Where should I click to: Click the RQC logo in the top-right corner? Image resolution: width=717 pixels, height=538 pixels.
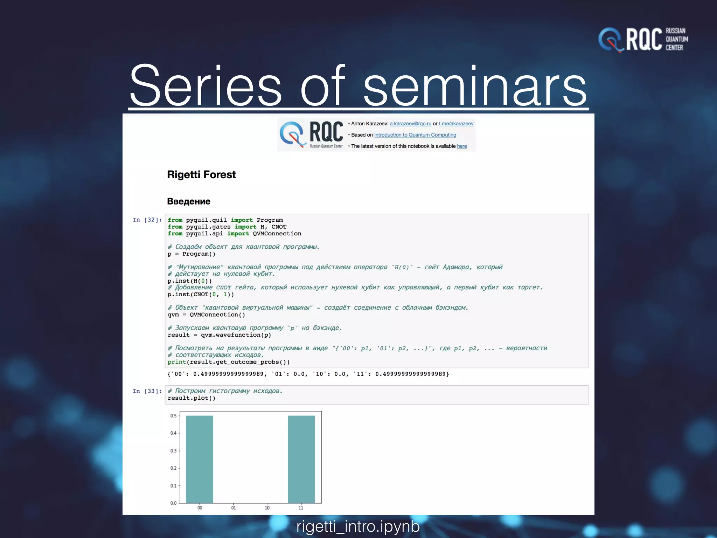[x=643, y=40]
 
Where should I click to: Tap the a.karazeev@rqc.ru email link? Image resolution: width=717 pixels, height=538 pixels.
[x=410, y=124]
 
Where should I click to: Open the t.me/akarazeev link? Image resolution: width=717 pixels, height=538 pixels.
[x=456, y=124]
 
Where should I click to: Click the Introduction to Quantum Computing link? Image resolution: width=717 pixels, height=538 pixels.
[x=415, y=135]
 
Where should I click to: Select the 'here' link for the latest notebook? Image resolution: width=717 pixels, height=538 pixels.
[x=462, y=146]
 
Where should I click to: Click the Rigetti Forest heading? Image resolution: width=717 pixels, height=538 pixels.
[x=201, y=174]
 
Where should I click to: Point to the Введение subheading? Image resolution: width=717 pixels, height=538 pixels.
[x=188, y=201]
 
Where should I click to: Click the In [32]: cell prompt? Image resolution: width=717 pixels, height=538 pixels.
[x=147, y=220]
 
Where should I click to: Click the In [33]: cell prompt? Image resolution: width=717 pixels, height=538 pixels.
[x=147, y=391]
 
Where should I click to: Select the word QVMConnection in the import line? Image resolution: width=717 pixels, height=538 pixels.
[x=277, y=234]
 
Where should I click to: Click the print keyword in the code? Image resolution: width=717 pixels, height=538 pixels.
[x=176, y=362]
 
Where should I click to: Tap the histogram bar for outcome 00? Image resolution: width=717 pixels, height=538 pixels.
[x=199, y=459]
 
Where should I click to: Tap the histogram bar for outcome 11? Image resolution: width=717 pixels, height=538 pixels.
[x=301, y=459]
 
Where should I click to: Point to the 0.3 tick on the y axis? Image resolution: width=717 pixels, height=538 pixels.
[x=174, y=451]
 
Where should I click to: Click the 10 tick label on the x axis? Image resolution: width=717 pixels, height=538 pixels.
[x=267, y=508]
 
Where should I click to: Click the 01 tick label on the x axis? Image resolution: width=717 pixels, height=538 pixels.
[x=234, y=508]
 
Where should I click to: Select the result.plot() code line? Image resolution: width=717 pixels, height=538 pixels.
[x=191, y=398]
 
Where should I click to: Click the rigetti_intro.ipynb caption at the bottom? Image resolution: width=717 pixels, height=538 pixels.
[x=358, y=527]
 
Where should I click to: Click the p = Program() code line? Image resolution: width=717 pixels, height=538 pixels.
[x=191, y=254]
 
